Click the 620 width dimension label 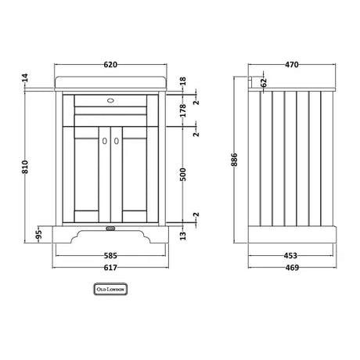(110, 64)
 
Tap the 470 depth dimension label (291, 64)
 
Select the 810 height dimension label (25, 167)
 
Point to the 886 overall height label (235, 160)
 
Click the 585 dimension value (110, 256)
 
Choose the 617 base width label (110, 268)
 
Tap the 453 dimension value (290, 256)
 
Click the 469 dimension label (292, 268)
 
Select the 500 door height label (183, 175)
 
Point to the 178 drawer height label (183, 110)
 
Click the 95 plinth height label (38, 235)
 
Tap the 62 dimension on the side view (264, 82)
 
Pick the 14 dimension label (25, 77)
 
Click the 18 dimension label (183, 81)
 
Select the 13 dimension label (183, 236)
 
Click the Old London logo (110, 290)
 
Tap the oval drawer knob (110, 100)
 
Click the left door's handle (105, 141)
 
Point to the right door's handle (117, 141)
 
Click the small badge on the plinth (110, 229)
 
